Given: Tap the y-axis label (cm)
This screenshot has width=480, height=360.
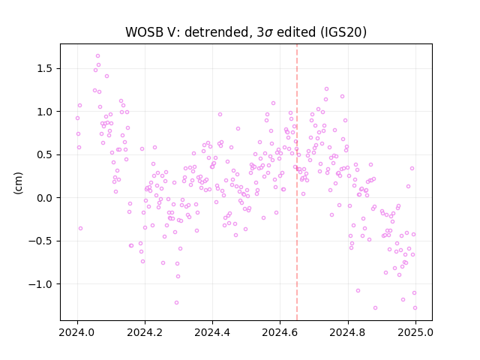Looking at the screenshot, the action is click(x=18, y=183).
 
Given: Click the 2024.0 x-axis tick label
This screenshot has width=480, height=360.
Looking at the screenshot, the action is click(x=77, y=332).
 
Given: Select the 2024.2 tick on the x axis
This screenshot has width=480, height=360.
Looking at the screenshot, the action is click(x=145, y=332).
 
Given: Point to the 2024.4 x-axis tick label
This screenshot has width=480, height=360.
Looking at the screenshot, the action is click(x=212, y=332).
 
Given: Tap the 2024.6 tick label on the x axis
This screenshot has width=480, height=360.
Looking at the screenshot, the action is click(x=280, y=332).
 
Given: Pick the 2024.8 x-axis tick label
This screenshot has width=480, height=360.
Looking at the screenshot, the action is click(x=348, y=332).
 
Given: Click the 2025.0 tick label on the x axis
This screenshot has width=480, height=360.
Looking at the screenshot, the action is click(x=415, y=332).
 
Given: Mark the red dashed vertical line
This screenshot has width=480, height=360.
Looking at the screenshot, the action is click(x=297, y=182).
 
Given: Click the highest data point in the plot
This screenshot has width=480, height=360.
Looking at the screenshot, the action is click(x=98, y=56).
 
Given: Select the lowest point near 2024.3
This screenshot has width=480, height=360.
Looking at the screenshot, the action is click(x=176, y=303).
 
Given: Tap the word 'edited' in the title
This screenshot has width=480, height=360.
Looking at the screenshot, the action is click(x=296, y=32).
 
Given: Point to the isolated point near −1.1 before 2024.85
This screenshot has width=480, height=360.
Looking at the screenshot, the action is click(x=358, y=291).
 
